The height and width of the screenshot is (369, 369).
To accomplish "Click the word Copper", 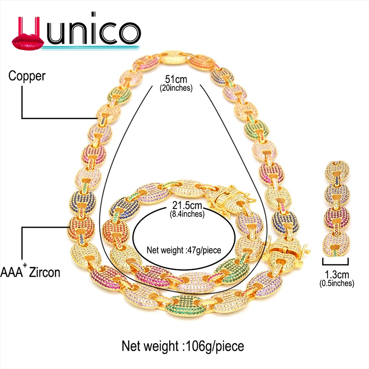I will click(x=27, y=76).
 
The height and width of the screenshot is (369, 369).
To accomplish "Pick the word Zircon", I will click(x=44, y=273).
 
